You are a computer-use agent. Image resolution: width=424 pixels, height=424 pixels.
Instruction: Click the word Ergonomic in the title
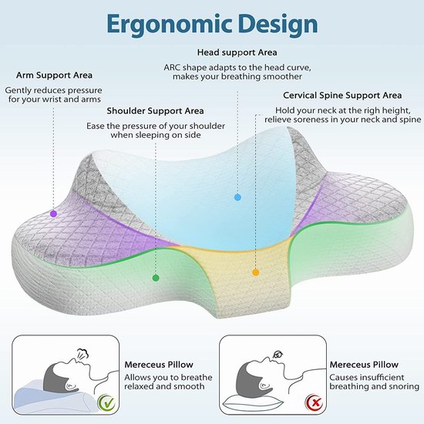[170, 25]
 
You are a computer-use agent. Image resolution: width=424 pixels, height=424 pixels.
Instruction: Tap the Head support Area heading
[237, 52]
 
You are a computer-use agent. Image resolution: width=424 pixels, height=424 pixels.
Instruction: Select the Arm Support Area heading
[54, 76]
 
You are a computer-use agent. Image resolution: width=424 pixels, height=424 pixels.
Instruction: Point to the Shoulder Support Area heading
[155, 111]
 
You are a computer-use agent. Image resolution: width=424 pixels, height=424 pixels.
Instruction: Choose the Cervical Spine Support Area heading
[342, 96]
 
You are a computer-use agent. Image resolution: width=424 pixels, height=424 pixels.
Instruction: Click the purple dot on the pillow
[53, 214]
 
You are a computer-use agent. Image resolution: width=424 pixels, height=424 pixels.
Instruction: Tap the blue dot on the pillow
[237, 197]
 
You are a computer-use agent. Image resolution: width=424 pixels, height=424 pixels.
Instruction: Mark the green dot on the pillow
[156, 278]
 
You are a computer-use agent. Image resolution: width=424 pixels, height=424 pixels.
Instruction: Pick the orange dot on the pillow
[255, 272]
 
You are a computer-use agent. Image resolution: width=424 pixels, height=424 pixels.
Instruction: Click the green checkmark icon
[106, 402]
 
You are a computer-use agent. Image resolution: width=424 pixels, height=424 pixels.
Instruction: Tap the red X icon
[314, 402]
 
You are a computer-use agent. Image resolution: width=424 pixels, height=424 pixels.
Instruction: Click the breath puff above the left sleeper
[82, 353]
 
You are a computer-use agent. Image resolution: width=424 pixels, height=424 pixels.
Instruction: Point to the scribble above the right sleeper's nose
[278, 354]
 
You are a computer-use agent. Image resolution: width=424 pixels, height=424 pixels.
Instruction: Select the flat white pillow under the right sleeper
[253, 401]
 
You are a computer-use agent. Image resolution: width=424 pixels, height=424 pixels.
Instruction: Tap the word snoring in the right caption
[403, 387]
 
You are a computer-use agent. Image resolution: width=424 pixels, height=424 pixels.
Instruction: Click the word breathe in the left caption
[197, 377]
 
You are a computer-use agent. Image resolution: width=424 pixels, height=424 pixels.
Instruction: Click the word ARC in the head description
[172, 67]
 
